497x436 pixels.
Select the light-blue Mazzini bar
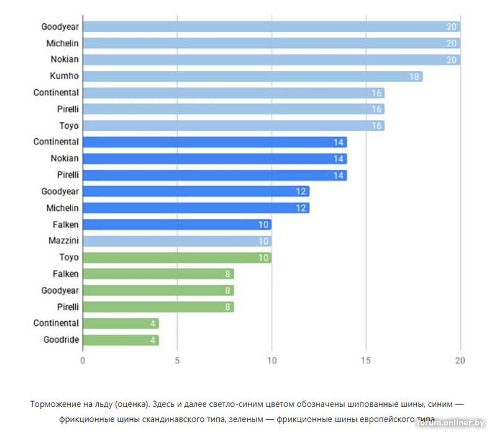177,241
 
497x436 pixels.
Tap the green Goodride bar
121,340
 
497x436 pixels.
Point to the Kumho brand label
64,76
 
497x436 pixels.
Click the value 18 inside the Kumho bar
414,77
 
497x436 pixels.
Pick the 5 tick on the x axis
177,361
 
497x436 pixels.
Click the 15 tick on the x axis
366,361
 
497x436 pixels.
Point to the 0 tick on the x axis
83,361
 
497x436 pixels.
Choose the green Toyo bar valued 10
177,257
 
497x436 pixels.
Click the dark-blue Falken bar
177,224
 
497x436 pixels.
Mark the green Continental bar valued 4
121,323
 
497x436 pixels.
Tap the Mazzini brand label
63,241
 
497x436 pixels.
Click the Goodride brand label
61,340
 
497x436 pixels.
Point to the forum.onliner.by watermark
450,423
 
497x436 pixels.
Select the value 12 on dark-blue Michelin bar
301,208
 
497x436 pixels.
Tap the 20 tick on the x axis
460,361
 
